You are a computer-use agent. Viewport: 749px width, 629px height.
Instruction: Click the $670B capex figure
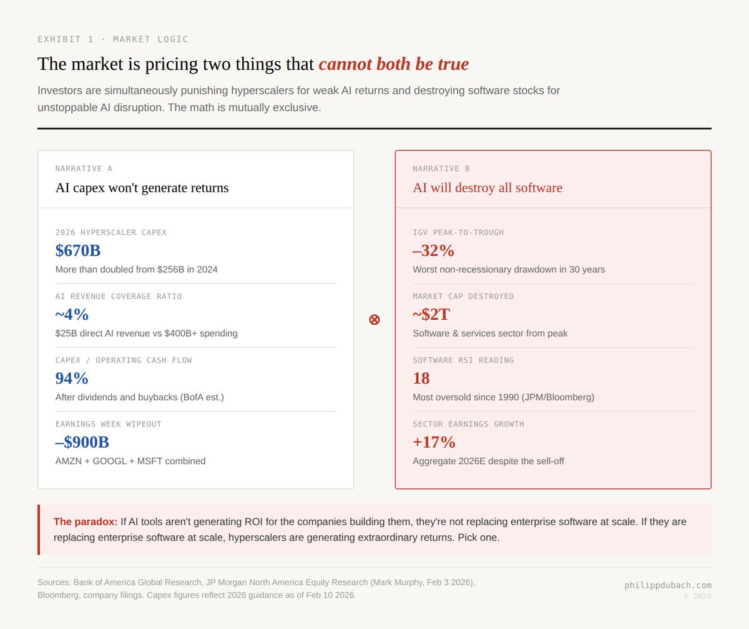pos(78,250)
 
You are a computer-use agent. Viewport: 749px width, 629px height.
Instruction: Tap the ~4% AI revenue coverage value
pos(72,314)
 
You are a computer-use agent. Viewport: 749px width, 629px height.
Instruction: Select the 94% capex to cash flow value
pos(72,378)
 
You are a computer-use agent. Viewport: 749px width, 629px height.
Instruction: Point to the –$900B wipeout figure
pos(82,442)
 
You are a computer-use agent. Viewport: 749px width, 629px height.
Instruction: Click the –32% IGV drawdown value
pos(433,250)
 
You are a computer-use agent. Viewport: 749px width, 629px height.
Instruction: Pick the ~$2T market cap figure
pos(431,314)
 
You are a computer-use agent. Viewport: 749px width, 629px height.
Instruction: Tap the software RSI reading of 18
pos(421,378)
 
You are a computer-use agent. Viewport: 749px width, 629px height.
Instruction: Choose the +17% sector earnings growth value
pos(434,442)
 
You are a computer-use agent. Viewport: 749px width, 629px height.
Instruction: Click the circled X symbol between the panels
pos(374,320)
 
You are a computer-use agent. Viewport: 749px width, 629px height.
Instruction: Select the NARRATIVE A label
pos(84,169)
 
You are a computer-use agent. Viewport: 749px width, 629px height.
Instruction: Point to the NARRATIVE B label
pos(441,169)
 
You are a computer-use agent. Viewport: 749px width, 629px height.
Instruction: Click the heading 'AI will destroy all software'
pos(487,187)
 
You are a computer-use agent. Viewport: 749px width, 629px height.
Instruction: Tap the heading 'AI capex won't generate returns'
pos(142,187)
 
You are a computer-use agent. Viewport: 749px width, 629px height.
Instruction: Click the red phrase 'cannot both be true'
pos(393,64)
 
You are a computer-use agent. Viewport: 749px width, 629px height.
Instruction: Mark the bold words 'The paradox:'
pos(86,522)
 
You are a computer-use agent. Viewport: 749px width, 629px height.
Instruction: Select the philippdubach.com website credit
pos(668,585)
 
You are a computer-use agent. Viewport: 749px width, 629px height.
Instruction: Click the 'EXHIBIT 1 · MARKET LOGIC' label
pos(113,39)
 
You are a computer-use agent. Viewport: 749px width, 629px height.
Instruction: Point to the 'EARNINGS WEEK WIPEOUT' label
pos(108,424)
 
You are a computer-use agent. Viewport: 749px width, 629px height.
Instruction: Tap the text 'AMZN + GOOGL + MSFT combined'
pos(130,461)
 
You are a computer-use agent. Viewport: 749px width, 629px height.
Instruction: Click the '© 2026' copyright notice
pos(697,596)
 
